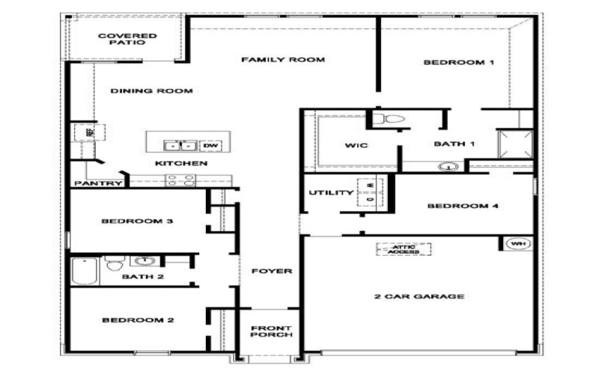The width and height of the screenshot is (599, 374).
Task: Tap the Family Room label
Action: point(282,60)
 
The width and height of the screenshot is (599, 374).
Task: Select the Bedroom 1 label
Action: point(459,63)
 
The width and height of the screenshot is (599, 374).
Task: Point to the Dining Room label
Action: point(152,91)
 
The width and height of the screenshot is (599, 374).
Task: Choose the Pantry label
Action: point(97,183)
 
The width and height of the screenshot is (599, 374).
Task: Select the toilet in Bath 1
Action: point(388,119)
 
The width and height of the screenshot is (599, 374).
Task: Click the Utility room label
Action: point(331,193)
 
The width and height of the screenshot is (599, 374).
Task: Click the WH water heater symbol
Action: point(517,244)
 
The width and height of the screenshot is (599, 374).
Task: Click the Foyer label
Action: point(271,271)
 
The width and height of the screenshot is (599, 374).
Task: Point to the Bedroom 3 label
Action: point(138,221)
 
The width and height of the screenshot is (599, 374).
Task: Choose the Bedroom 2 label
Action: point(138,320)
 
